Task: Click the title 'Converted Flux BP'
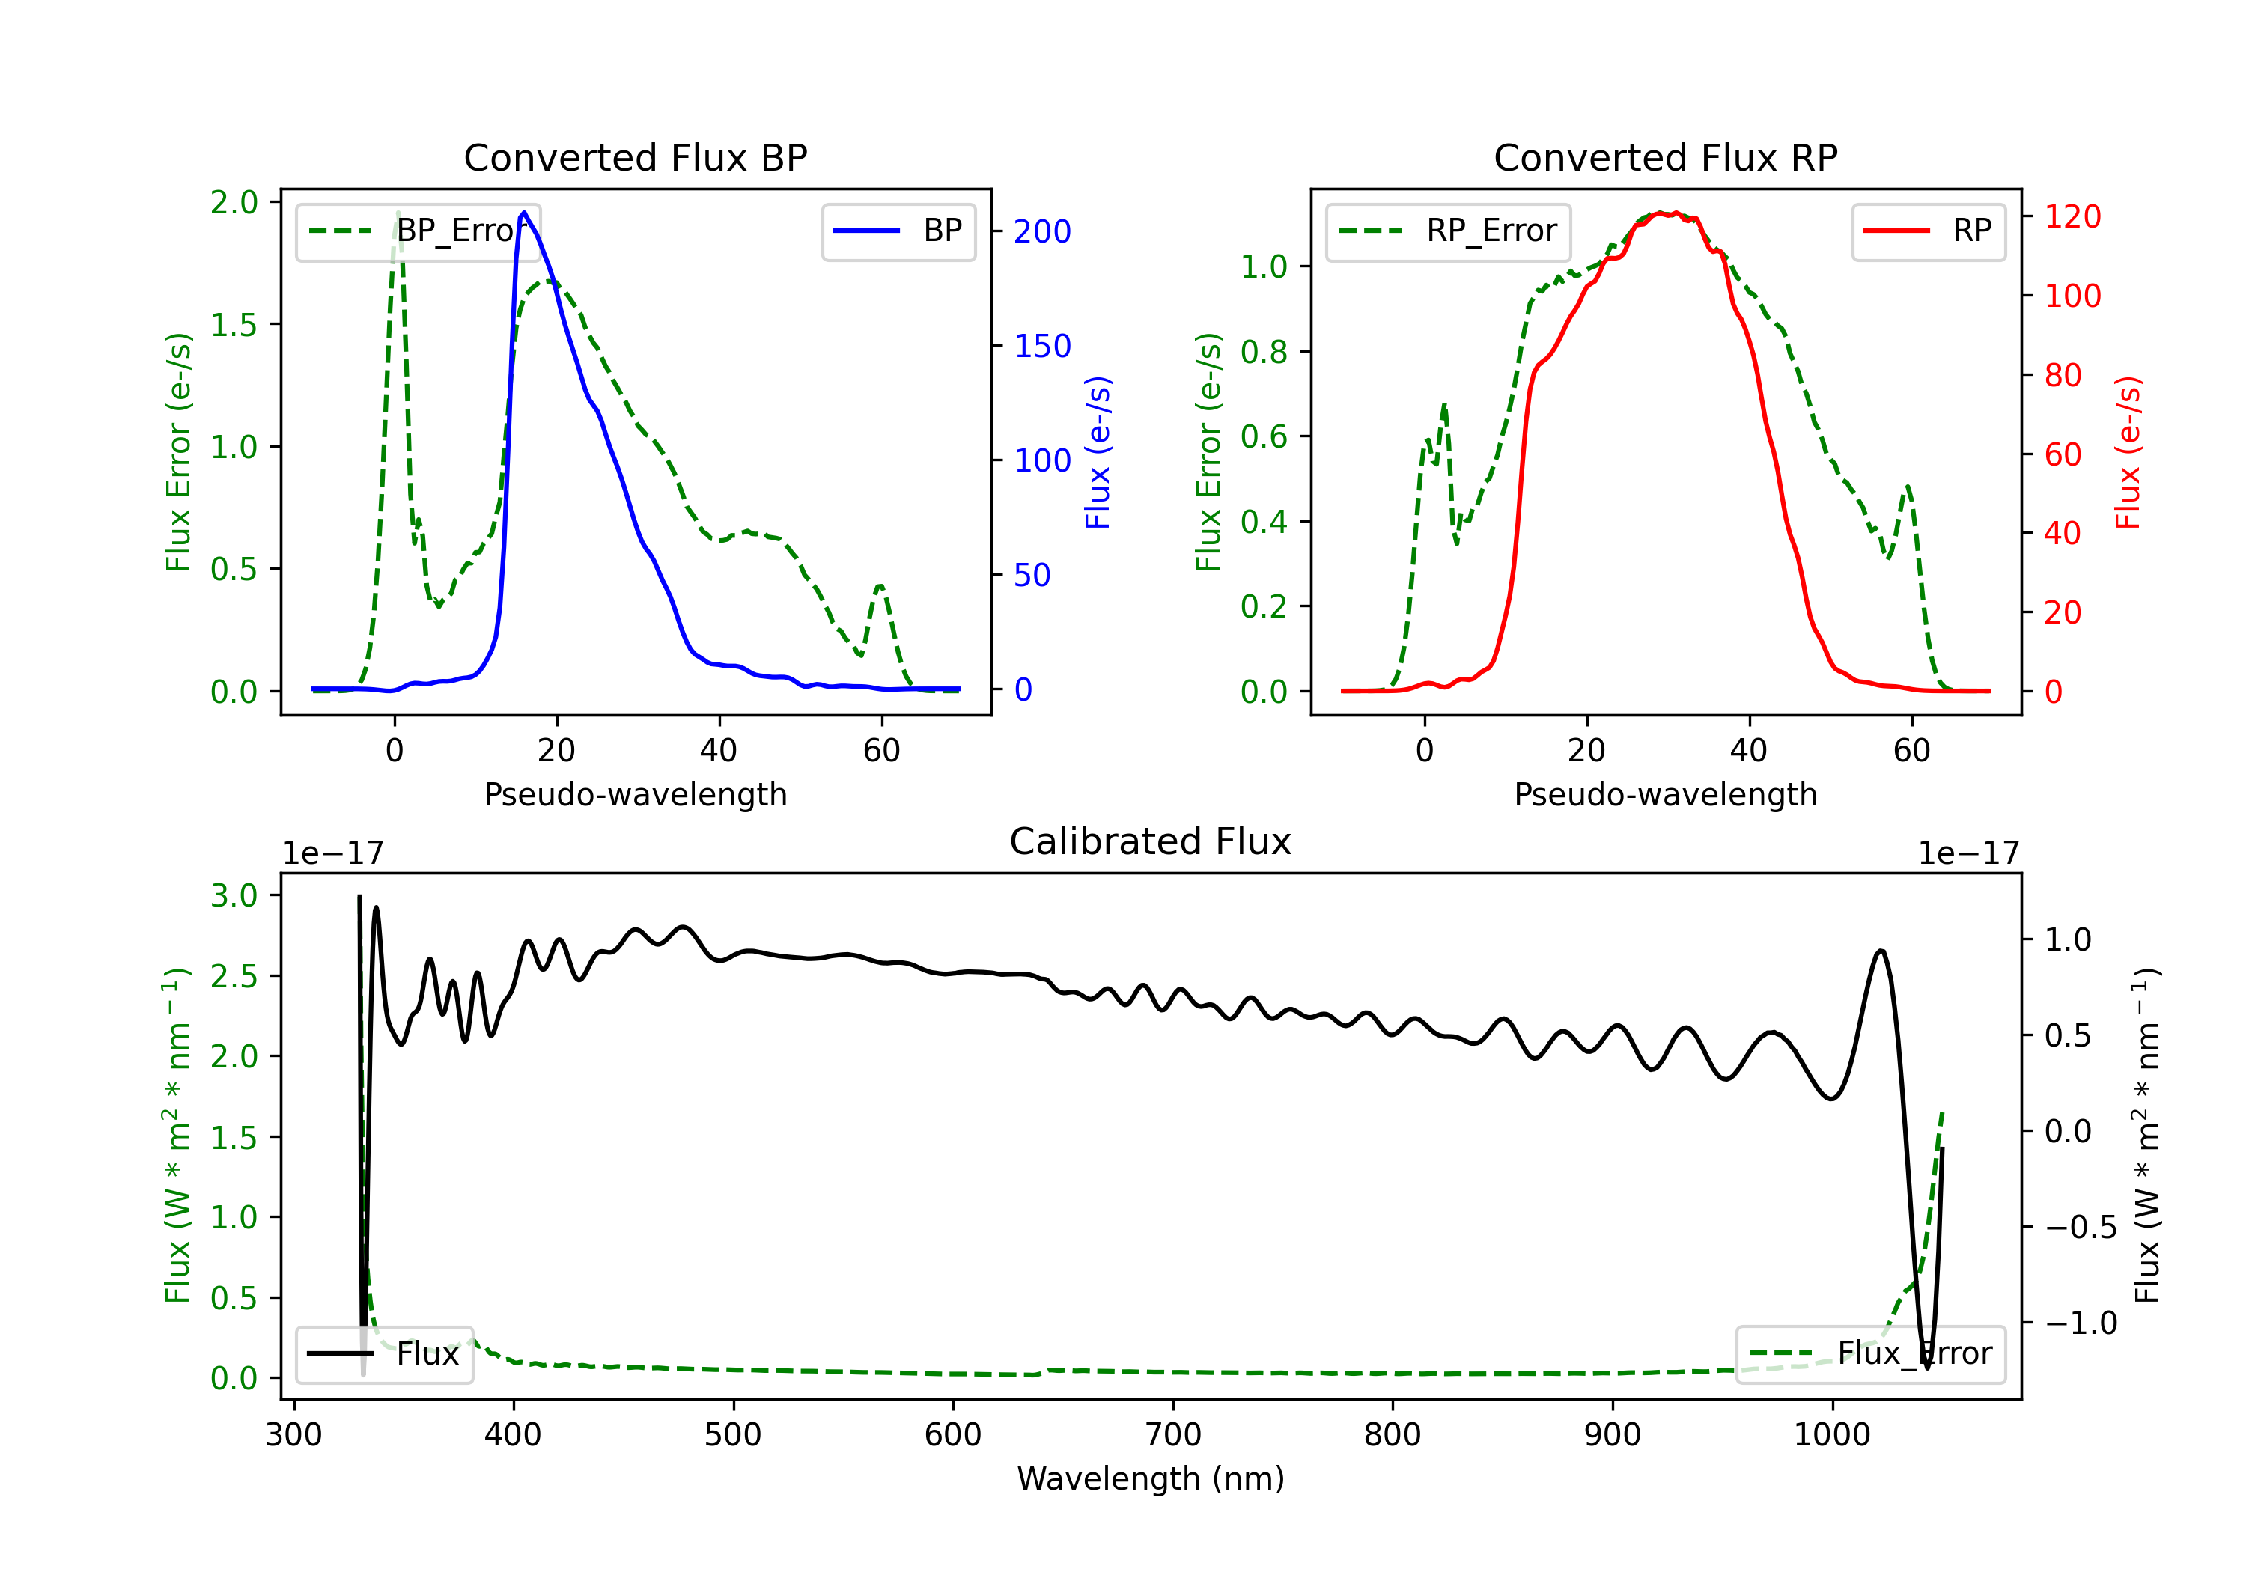(635, 157)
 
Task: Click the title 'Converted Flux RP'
(1665, 157)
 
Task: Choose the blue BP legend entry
(898, 231)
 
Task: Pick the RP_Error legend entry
(1448, 231)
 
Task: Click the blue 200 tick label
(1042, 232)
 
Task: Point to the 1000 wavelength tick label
(1831, 1434)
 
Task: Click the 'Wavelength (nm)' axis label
(1151, 1478)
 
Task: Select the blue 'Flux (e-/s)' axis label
(1098, 452)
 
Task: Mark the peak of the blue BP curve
(524, 213)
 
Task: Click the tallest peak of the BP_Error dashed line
(397, 213)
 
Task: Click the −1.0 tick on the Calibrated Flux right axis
(2080, 1323)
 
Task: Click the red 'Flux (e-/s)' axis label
(2128, 452)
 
